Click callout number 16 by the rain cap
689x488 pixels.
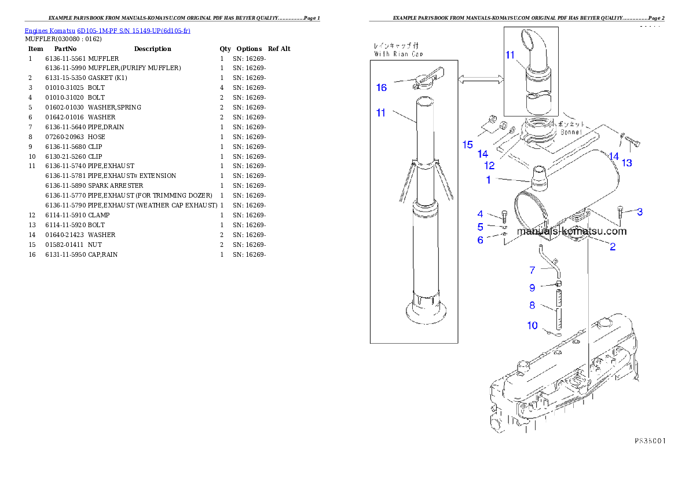(381, 88)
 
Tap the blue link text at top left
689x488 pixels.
(107, 30)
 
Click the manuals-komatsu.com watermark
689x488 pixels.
(571, 231)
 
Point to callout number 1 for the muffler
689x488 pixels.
(488, 180)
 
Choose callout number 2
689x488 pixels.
(612, 247)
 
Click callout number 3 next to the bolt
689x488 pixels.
(639, 212)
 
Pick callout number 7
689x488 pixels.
(532, 270)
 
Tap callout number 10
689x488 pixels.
(532, 326)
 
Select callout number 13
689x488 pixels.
(626, 163)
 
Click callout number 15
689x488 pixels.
(468, 145)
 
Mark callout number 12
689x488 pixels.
(489, 165)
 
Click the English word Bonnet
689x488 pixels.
(571, 132)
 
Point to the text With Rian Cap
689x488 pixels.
(398, 54)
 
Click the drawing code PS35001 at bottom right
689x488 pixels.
(648, 441)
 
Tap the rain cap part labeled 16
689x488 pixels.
(427, 81)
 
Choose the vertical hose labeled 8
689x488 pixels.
(559, 309)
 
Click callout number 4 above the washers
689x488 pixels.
(480, 214)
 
